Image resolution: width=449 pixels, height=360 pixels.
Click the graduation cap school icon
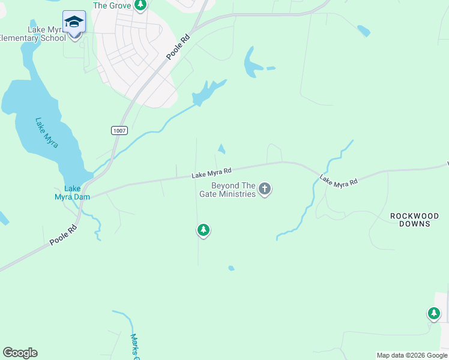[x=74, y=22]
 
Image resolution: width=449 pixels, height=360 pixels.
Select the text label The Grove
[x=112, y=5]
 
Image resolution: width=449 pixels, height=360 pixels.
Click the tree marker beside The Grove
[x=140, y=5]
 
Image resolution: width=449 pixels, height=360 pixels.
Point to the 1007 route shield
[x=119, y=130]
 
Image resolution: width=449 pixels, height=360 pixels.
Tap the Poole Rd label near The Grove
[x=178, y=46]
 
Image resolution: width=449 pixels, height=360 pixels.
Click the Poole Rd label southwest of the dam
[x=65, y=235]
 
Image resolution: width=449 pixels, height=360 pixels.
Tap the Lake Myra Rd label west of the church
[x=211, y=173]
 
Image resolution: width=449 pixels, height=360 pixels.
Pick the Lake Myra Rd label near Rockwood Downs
[x=338, y=180]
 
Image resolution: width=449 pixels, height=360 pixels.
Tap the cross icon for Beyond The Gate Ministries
[x=265, y=190]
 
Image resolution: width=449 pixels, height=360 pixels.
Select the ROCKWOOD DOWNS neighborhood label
[x=414, y=220]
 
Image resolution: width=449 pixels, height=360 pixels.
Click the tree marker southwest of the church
[x=203, y=230]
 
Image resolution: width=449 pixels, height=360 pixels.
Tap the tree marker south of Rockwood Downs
[x=433, y=313]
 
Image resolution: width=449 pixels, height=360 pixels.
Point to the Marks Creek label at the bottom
[x=135, y=347]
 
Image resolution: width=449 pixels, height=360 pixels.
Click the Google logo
[x=20, y=353]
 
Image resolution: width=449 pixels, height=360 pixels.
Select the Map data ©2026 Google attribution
[x=412, y=355]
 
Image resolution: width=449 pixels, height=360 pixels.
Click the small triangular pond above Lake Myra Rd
[x=222, y=149]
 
